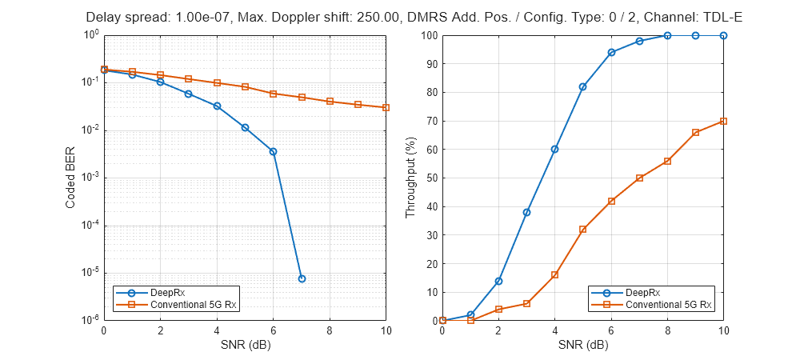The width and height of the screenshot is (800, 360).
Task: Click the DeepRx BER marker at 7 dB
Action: pyautogui.click(x=302, y=278)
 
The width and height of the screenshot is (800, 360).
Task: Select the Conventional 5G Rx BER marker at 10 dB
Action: pyautogui.click(x=386, y=107)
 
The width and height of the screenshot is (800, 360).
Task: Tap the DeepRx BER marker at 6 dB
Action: pyautogui.click(x=274, y=151)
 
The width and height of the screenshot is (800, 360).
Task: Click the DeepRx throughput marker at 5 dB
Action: pyautogui.click(x=583, y=86)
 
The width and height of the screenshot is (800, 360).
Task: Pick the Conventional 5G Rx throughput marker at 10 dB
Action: pyautogui.click(x=724, y=121)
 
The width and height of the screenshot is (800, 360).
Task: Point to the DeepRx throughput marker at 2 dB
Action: pyautogui.click(x=498, y=281)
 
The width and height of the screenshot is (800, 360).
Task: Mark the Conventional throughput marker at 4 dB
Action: pyautogui.click(x=555, y=274)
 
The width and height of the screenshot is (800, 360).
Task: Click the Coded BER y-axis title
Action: pyautogui.click(x=70, y=178)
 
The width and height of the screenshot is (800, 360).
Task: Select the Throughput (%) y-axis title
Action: pyautogui.click(x=410, y=178)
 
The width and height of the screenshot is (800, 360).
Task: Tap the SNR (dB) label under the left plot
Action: pyautogui.click(x=245, y=346)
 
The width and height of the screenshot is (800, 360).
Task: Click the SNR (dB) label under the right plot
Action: pyautogui.click(x=583, y=346)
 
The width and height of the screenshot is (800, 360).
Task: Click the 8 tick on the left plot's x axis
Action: pyautogui.click(x=330, y=330)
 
